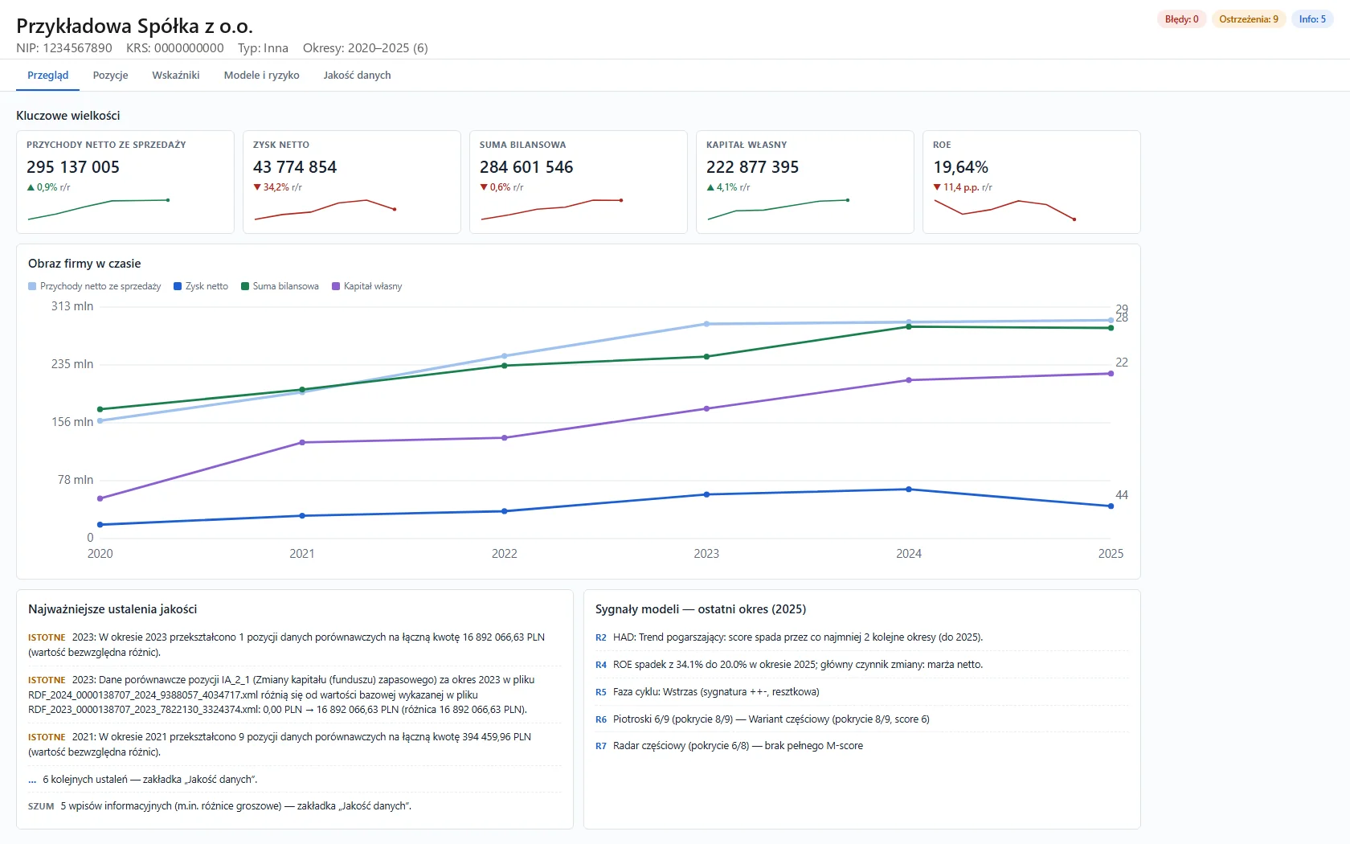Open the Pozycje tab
point(110,76)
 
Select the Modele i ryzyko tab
point(262,76)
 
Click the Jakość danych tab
point(357,76)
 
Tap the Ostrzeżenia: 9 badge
point(1248,19)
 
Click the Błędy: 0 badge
point(1181,19)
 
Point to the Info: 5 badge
point(1312,19)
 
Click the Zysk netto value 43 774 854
point(295,167)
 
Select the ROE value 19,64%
point(961,167)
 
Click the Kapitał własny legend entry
point(367,286)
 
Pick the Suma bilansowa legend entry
point(280,286)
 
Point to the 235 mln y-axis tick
point(72,364)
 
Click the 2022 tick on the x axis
point(505,553)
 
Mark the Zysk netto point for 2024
point(909,490)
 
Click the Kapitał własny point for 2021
point(302,442)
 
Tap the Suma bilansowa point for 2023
point(707,357)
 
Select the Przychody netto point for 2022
point(505,356)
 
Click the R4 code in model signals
point(601,665)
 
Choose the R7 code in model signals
point(601,746)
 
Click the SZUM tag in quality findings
point(41,806)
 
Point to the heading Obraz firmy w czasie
point(84,264)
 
